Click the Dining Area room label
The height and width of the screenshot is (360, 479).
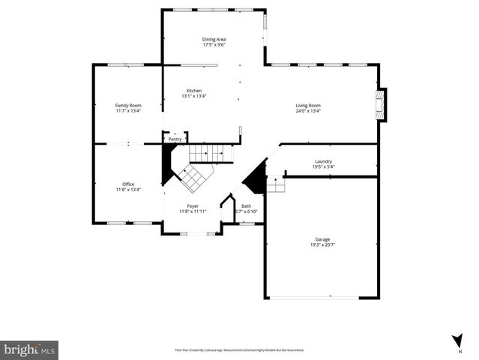pos(214,39)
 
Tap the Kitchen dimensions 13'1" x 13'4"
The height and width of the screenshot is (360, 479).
pos(194,96)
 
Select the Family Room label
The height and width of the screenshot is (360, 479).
pos(127,106)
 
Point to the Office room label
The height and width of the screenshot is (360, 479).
pos(128,184)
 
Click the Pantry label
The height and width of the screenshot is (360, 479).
pos(175,139)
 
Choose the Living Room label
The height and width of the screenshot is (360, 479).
pos(308,106)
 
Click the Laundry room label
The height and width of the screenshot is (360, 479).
pos(323,161)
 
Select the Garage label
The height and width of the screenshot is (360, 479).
pos(322,240)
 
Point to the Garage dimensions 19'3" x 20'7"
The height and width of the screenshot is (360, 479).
pos(322,245)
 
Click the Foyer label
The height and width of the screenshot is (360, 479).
pos(193,205)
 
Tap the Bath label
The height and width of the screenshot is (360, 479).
pos(246,206)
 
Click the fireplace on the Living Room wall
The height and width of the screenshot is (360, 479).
pos(382,105)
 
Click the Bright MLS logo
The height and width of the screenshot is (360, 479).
pos(30,349)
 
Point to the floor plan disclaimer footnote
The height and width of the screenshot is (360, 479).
pos(238,349)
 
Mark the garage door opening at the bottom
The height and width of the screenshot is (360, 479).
pos(320,298)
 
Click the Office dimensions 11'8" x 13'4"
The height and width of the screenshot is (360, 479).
pos(128,190)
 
